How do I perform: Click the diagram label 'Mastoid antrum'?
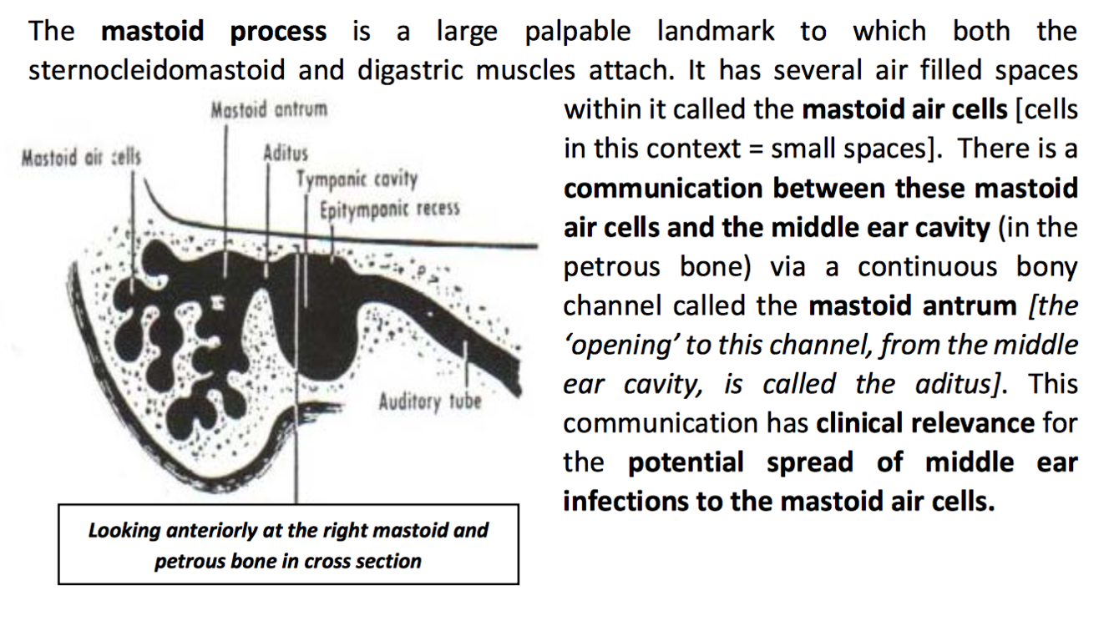[x=269, y=110]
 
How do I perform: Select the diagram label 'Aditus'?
[x=286, y=154]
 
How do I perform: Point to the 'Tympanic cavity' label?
[x=357, y=179]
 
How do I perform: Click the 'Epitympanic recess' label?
[x=390, y=207]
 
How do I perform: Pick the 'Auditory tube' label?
[x=430, y=401]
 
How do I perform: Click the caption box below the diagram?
[x=288, y=544]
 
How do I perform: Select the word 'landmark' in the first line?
[x=716, y=32]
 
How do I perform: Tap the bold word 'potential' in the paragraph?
[x=686, y=462]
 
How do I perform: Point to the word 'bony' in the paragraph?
[x=1046, y=267]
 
